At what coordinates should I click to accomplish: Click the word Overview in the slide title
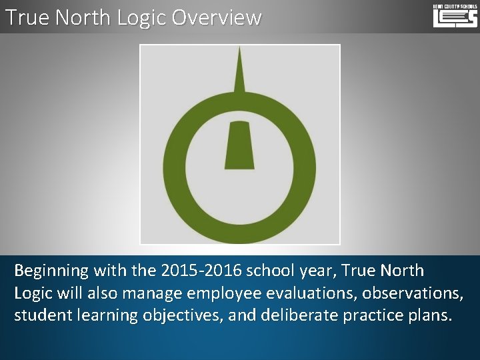217,17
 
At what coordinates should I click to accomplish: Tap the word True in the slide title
27,17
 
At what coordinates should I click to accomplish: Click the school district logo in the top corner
455,15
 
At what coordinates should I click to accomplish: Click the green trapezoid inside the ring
240,145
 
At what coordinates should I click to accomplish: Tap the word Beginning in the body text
51,271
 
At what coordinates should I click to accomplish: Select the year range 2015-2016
201,271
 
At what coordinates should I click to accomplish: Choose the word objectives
183,316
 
